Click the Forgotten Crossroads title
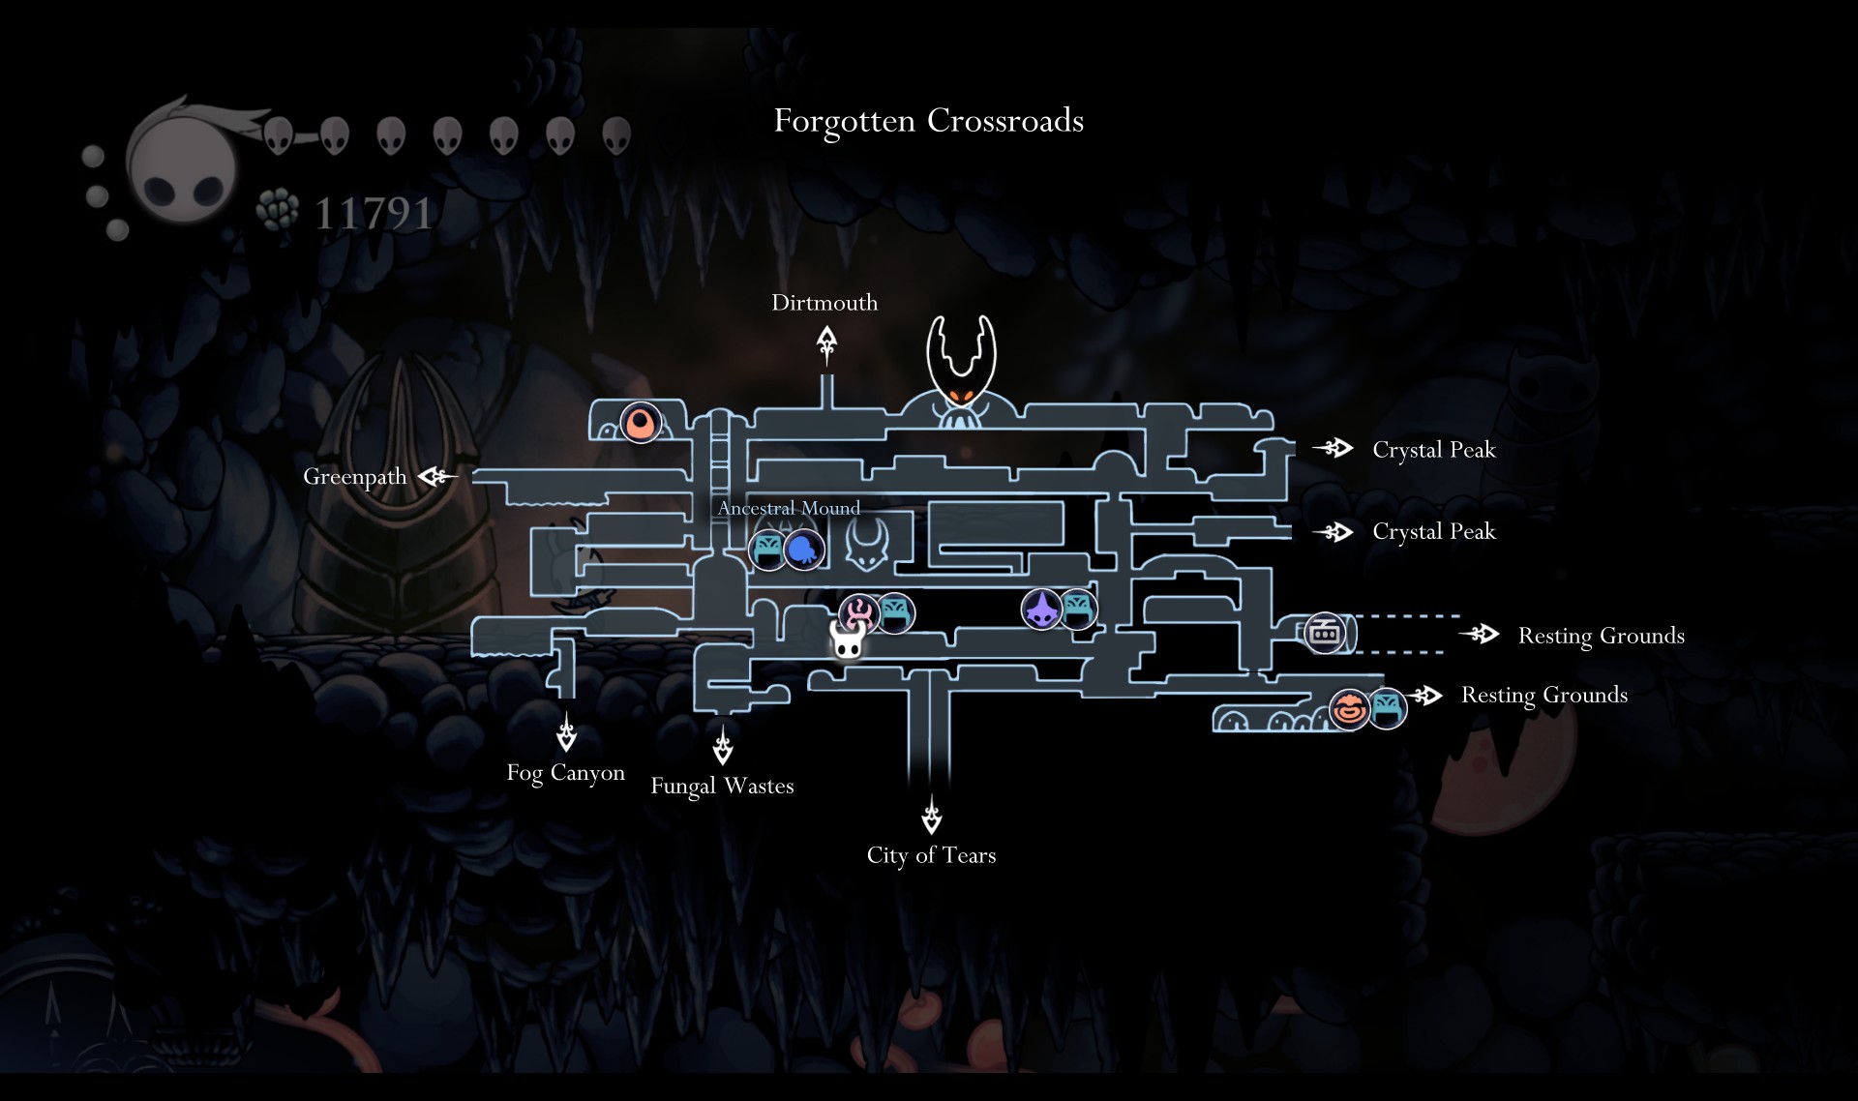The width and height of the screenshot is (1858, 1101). tap(928, 121)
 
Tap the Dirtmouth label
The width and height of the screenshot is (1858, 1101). tap(824, 303)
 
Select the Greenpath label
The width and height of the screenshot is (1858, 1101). tap(354, 477)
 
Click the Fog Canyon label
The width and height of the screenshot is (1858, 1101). tap(565, 773)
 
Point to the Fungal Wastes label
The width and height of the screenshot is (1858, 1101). tap(722, 786)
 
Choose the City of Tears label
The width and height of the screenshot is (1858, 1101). tap(931, 855)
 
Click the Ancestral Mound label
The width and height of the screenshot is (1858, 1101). tap(789, 508)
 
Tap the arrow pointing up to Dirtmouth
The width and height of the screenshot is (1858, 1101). tap(826, 343)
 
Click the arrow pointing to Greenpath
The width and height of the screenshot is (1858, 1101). tap(436, 476)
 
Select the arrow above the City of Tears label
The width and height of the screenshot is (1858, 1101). tap(931, 815)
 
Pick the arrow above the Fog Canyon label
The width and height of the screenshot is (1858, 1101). tap(566, 732)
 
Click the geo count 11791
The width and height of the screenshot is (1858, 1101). tap(373, 214)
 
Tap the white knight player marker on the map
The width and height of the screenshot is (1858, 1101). tap(848, 640)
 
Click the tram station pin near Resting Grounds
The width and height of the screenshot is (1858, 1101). tap(1325, 634)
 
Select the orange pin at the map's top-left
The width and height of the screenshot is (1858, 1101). tap(640, 423)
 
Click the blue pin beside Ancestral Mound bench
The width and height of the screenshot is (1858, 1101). tap(803, 550)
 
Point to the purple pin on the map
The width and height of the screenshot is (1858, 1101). tap(1042, 610)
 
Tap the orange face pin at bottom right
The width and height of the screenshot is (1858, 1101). tap(1348, 709)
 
